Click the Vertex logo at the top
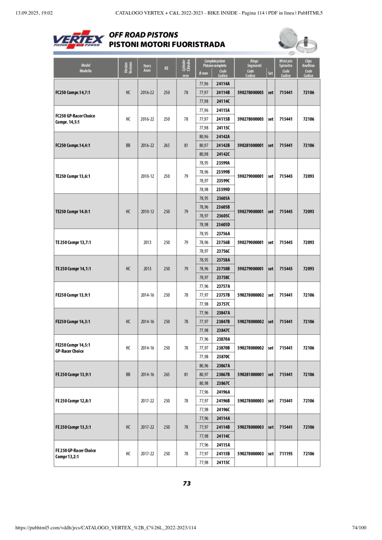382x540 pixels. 78,39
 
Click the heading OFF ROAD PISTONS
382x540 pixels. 144,35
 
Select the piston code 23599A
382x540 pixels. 223,163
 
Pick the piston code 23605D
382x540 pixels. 223,224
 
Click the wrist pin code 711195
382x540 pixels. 286,454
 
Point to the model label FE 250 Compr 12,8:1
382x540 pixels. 73,401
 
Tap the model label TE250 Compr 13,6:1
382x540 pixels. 73,176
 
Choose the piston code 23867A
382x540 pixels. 223,366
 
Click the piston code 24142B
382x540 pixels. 223,145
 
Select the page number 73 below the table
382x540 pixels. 187,484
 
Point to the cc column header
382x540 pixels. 166,68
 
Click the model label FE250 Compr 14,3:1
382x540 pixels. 73,322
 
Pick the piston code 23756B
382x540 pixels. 223,242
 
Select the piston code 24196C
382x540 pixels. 223,410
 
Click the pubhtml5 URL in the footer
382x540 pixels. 106,528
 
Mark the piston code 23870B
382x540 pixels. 223,348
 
